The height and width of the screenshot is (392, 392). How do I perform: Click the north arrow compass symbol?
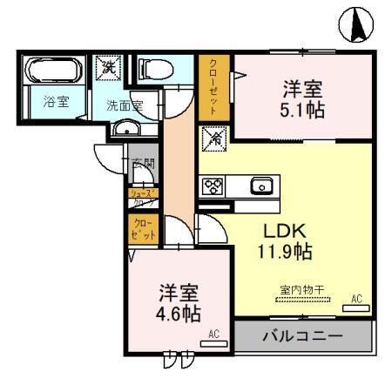[357, 25]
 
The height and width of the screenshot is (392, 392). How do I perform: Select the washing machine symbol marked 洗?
[110, 66]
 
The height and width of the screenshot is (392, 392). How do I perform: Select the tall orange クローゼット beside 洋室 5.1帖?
[213, 87]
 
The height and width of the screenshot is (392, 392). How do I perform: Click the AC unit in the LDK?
[355, 306]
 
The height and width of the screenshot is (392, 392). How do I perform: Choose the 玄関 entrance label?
[143, 162]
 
